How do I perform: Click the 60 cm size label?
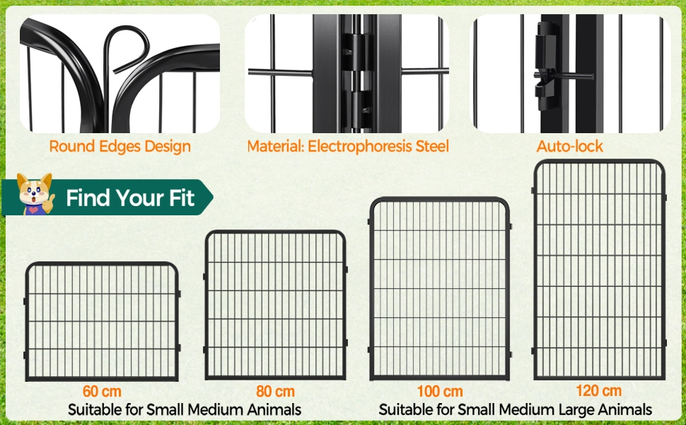102,391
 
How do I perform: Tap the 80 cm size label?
275,391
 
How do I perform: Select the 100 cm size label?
440,391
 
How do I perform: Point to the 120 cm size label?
598,390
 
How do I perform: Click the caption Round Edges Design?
120,147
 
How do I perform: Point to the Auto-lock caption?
569,146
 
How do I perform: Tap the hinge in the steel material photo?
357,74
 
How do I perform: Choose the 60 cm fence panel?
102,321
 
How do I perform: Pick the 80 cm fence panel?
275,305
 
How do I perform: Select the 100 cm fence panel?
440,289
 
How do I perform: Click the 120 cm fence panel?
598,269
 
